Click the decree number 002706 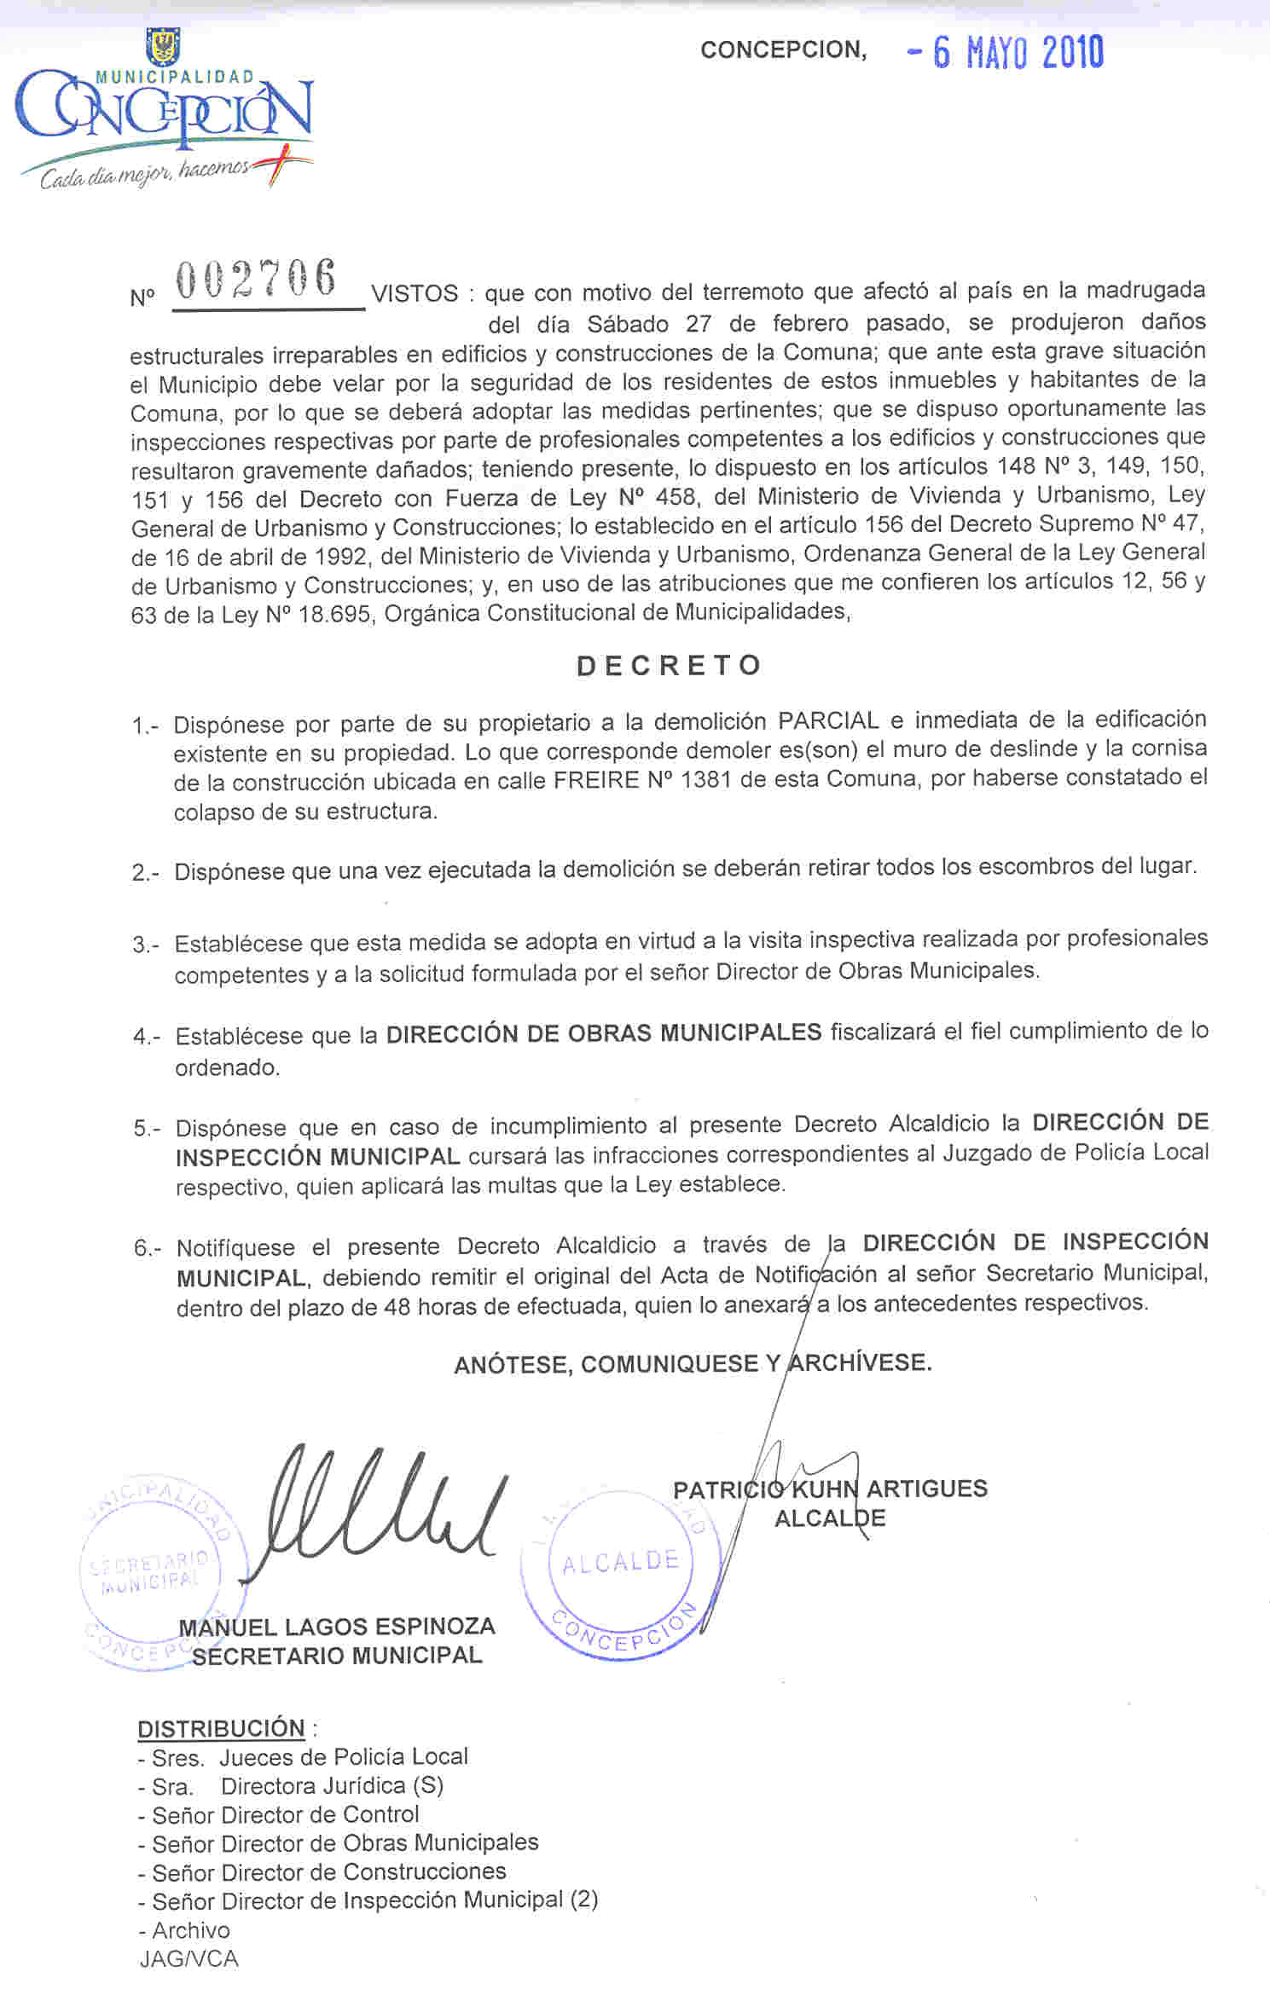256,280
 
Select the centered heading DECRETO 669,666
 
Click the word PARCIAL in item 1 827,721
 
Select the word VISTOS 415,294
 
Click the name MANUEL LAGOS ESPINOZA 337,1626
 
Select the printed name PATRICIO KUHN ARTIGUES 830,1489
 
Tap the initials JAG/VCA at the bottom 189,1959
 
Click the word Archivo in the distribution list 191,1930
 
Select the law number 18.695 335,615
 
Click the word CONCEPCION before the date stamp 783,50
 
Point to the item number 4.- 147,1037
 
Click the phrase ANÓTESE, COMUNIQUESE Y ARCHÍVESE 693,1363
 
